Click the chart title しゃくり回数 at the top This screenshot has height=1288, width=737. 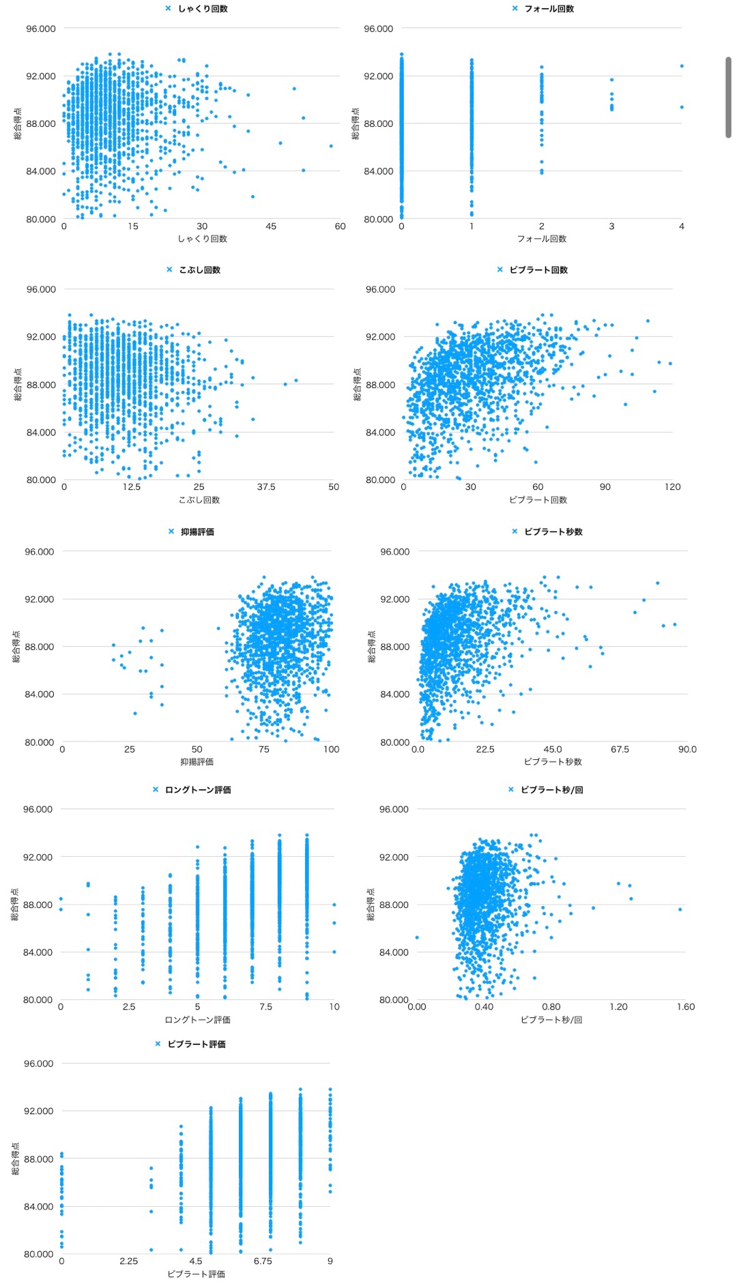coord(203,9)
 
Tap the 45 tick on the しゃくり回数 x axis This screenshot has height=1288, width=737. coord(271,226)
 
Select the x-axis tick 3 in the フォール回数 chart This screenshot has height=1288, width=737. coord(611,226)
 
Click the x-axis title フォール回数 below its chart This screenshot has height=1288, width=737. coord(542,239)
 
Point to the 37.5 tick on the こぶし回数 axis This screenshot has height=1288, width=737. coord(266,487)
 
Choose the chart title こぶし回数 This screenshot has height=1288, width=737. coord(199,270)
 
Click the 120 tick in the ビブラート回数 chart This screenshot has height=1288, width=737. coord(672,487)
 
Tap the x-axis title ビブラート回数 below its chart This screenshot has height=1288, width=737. coord(538,500)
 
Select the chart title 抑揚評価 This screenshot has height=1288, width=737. coord(197,532)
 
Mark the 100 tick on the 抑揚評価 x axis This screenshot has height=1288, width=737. coord(331,749)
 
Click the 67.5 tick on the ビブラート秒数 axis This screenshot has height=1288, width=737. coord(620,749)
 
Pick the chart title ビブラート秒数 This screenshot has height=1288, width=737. coord(553,532)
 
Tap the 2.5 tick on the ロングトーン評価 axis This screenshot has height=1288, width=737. coord(129,1007)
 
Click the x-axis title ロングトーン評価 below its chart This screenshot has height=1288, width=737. coord(198,1020)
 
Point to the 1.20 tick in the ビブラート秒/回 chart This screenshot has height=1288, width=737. coord(618,1007)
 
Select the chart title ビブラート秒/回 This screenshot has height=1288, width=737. coord(551,790)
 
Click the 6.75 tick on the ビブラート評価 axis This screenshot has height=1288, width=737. coord(263,1261)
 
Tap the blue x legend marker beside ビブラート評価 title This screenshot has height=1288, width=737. coord(158,1044)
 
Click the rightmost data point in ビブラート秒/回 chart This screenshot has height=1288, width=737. coord(680,909)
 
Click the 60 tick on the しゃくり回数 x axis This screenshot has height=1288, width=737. coord(340,226)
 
